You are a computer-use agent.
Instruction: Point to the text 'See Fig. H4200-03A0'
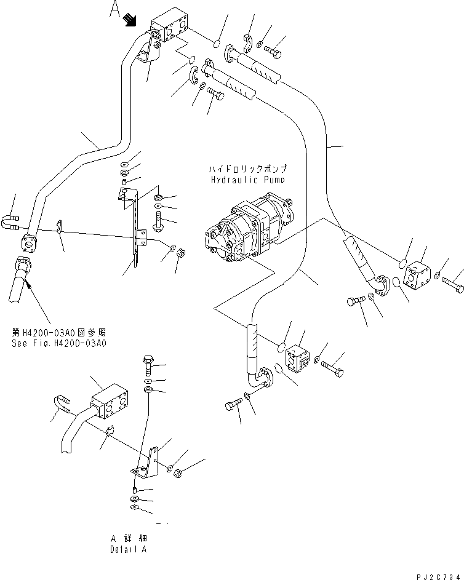coord(59,344)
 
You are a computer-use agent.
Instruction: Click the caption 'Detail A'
coord(129,549)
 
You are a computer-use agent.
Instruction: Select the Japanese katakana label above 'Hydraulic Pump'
coord(248,168)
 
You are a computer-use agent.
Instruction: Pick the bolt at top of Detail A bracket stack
coord(148,367)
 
